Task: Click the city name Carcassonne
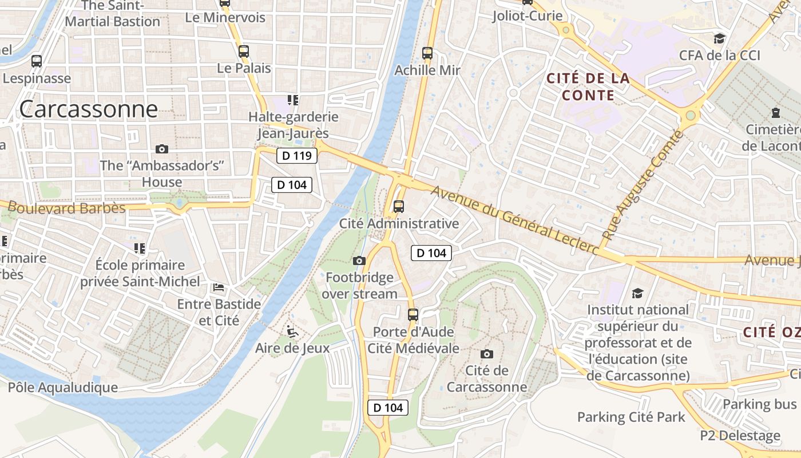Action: pyautogui.click(x=88, y=109)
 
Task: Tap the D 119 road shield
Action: pyautogui.click(x=297, y=155)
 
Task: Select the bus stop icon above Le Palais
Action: pyautogui.click(x=244, y=52)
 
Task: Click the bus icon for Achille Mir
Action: pyautogui.click(x=427, y=53)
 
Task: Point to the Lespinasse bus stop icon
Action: pyautogui.click(x=37, y=61)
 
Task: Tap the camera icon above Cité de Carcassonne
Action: pyautogui.click(x=487, y=354)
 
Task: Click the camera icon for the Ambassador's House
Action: pyautogui.click(x=162, y=149)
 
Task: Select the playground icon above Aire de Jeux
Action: pyautogui.click(x=292, y=331)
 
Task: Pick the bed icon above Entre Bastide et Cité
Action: pyautogui.click(x=219, y=287)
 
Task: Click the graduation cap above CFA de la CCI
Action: pyautogui.click(x=719, y=38)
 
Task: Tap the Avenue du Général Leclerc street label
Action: pyautogui.click(x=515, y=220)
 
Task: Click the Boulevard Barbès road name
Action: pyautogui.click(x=67, y=208)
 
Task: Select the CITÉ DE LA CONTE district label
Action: pyautogui.click(x=588, y=86)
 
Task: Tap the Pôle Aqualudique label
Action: pyautogui.click(x=63, y=388)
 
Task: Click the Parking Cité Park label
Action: pyautogui.click(x=631, y=417)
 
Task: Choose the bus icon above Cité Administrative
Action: pyautogui.click(x=399, y=207)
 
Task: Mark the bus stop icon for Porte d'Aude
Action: pyautogui.click(x=413, y=314)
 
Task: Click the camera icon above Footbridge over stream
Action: pyautogui.click(x=359, y=261)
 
